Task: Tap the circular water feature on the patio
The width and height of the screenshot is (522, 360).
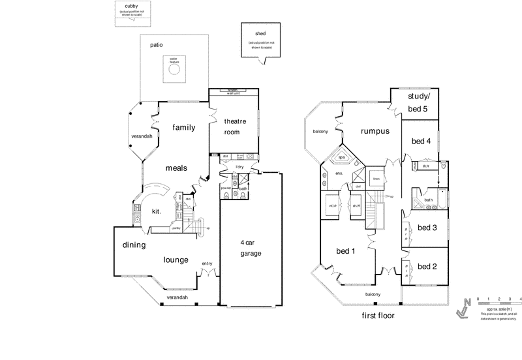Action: click(x=174, y=71)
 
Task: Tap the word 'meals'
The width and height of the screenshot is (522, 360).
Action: click(x=176, y=168)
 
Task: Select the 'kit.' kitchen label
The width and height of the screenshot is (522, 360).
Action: click(x=157, y=212)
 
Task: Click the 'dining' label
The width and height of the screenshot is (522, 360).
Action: click(x=133, y=245)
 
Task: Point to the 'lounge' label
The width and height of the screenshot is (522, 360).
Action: click(x=176, y=260)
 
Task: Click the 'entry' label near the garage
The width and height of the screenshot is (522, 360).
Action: click(x=207, y=263)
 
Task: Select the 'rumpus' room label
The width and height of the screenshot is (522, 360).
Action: click(x=375, y=130)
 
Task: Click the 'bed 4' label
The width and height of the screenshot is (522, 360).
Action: click(x=421, y=141)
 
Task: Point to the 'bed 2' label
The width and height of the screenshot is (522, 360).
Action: click(x=427, y=266)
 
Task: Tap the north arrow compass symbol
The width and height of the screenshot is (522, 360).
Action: click(x=463, y=308)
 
